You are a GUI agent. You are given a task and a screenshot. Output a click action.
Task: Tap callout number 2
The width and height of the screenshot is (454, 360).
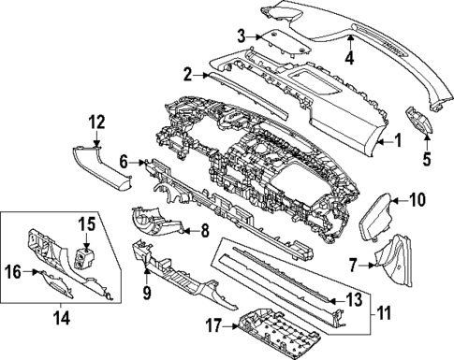[187, 73]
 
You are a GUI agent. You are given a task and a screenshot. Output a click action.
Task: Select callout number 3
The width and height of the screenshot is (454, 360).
[241, 36]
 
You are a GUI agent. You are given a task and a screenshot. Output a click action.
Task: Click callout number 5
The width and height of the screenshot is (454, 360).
[426, 158]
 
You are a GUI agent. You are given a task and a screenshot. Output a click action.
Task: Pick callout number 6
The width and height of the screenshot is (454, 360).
[124, 162]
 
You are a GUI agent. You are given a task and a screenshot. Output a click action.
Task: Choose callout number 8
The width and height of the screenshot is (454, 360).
[204, 229]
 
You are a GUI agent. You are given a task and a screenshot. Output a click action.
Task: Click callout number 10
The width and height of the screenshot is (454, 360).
[417, 198]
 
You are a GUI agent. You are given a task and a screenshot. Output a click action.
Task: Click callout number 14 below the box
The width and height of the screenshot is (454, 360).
[63, 316]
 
